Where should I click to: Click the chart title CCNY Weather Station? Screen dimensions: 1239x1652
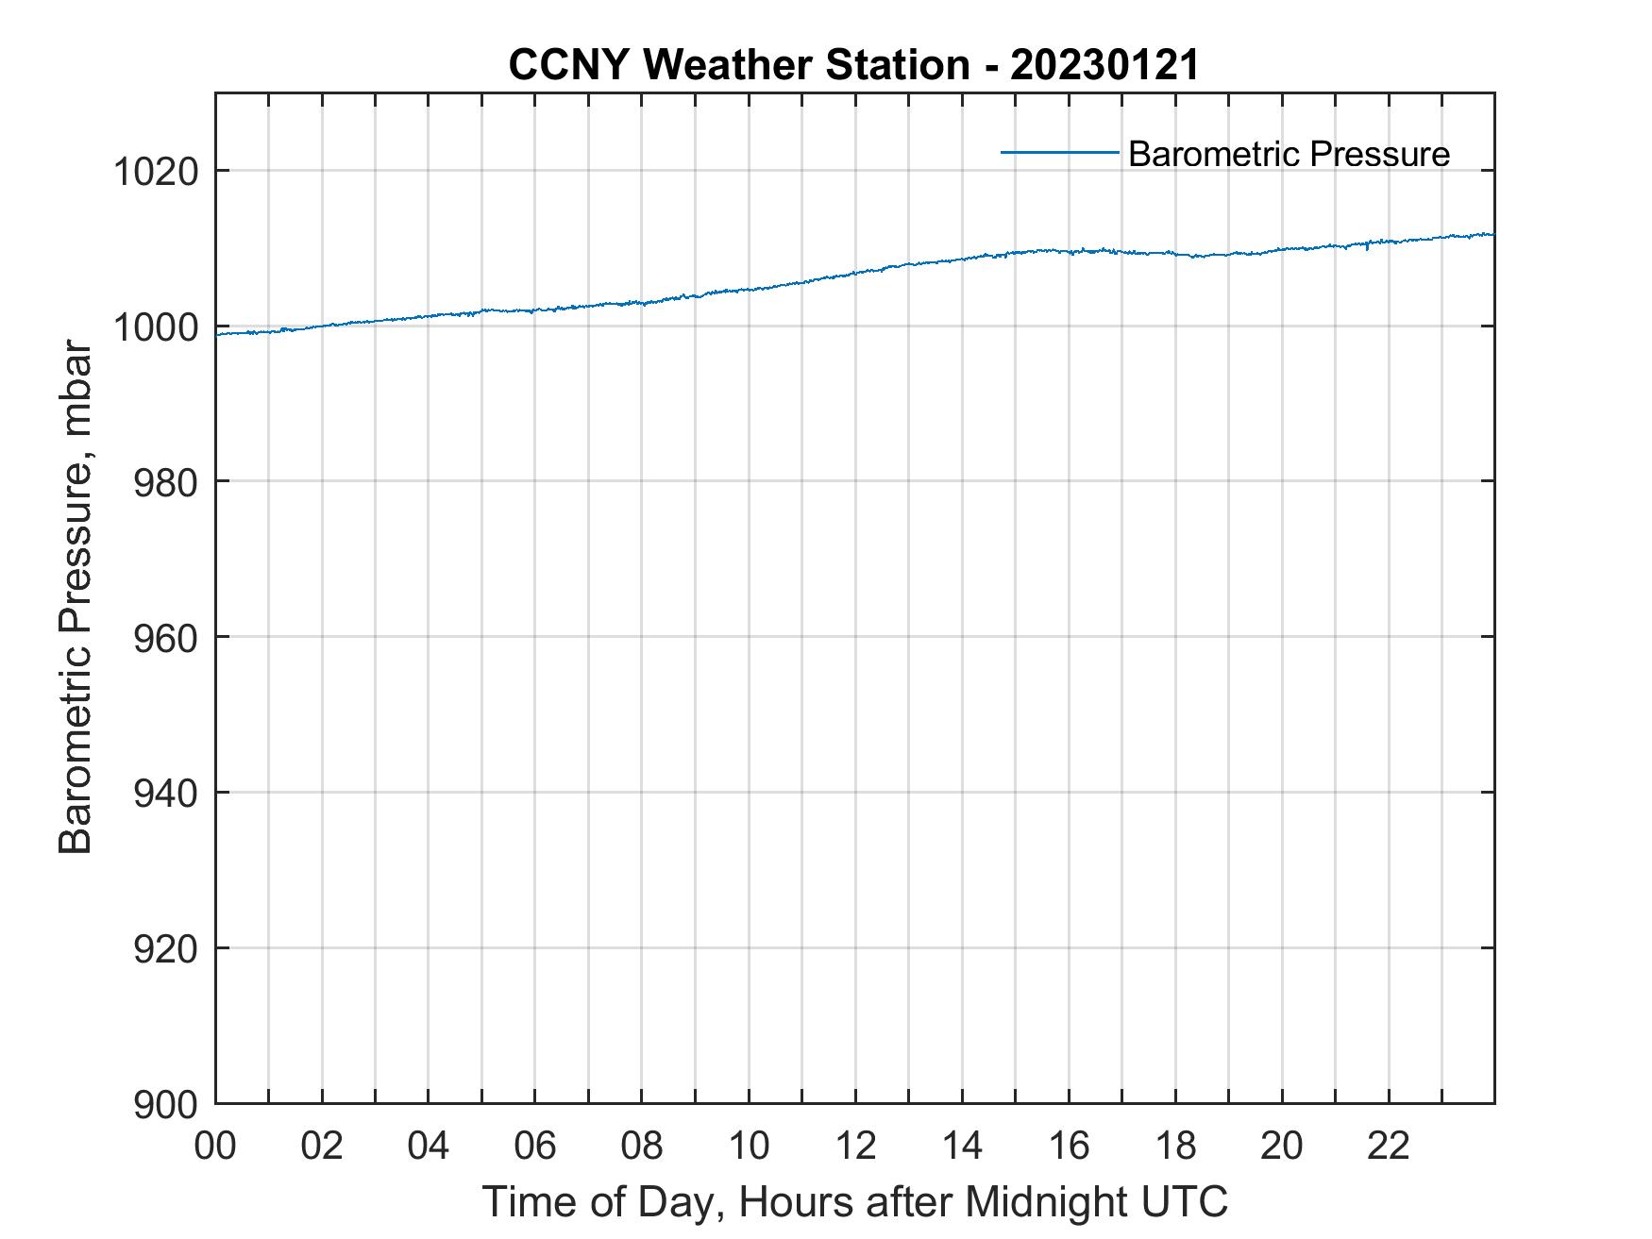[x=738, y=65]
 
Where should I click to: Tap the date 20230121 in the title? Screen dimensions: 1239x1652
[x=1104, y=65]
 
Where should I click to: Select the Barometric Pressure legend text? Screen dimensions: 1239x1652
[x=1289, y=154]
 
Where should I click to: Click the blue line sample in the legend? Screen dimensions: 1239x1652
[x=1059, y=152]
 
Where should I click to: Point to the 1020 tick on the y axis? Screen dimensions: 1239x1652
[x=155, y=172]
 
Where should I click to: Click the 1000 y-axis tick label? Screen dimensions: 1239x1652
[x=155, y=327]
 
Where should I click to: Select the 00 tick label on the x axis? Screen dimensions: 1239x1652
[x=215, y=1146]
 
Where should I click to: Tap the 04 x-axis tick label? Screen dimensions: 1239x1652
[x=429, y=1146]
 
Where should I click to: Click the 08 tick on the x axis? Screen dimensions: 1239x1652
[x=642, y=1146]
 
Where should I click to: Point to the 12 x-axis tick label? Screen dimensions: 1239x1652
[x=855, y=1146]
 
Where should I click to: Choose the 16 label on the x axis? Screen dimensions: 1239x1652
[x=1069, y=1146]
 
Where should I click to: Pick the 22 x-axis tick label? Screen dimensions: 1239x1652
[x=1389, y=1146]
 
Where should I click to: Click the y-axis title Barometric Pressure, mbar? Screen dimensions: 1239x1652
[x=76, y=597]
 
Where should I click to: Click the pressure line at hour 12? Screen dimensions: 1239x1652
[x=855, y=273]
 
